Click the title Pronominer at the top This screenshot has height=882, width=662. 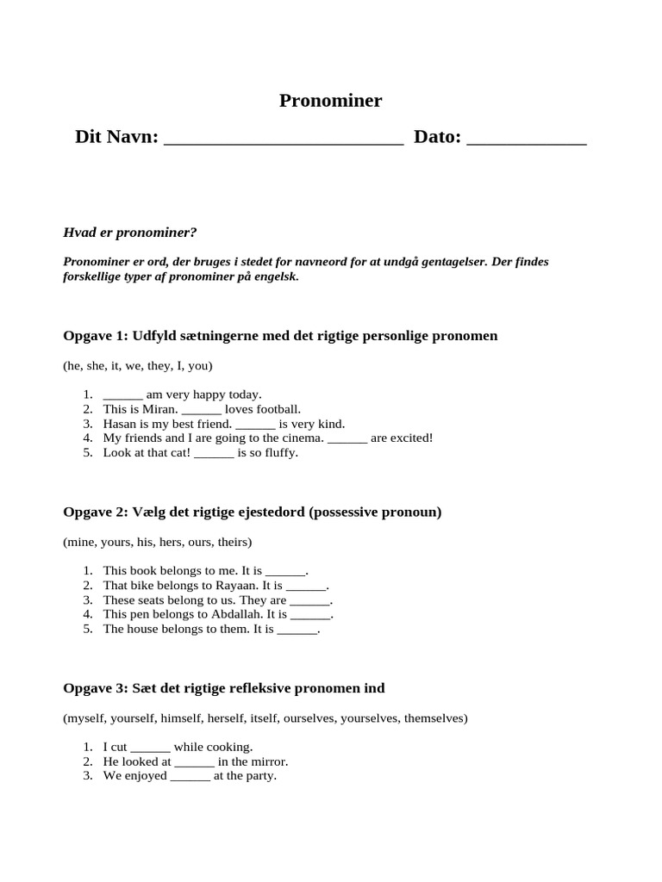pos(330,101)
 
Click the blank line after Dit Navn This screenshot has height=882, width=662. pos(283,139)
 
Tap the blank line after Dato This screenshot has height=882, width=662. pos(526,139)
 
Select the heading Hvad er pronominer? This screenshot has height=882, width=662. pos(130,233)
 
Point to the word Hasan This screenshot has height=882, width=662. pos(120,424)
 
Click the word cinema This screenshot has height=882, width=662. pos(302,438)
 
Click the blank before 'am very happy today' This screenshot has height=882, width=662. pos(122,395)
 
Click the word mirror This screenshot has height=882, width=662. pos(269,761)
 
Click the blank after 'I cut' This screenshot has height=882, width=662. pos(150,748)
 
